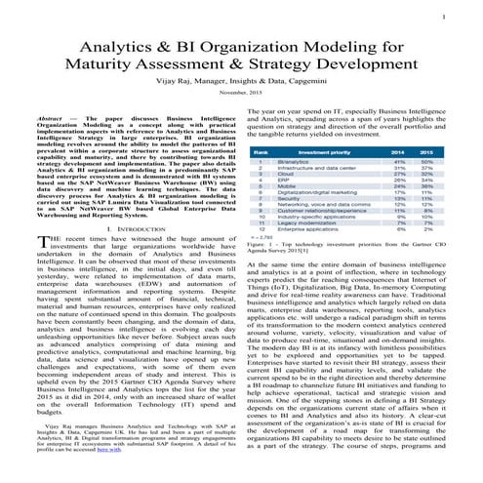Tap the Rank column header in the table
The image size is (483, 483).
[262, 153]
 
